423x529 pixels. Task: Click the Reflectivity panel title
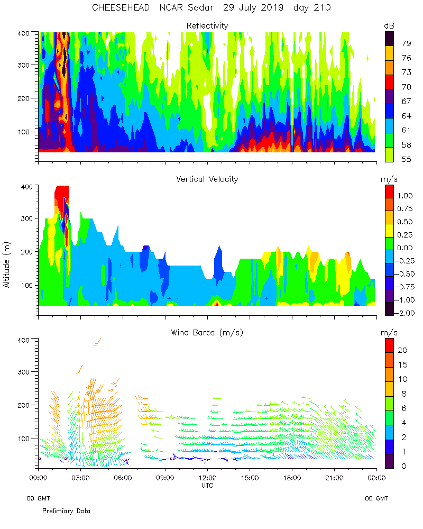(207, 25)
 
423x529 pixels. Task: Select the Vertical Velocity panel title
(207, 179)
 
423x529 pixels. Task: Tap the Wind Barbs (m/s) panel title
(207, 332)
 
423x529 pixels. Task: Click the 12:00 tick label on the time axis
(207, 478)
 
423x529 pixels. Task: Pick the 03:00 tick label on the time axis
(80, 478)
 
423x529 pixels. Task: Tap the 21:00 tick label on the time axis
(334, 478)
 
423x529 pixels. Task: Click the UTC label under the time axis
(207, 485)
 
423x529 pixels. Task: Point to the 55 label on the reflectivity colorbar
(406, 159)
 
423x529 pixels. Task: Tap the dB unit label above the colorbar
(389, 25)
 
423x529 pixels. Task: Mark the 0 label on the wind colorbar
(403, 466)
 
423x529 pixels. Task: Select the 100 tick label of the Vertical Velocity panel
(26, 285)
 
